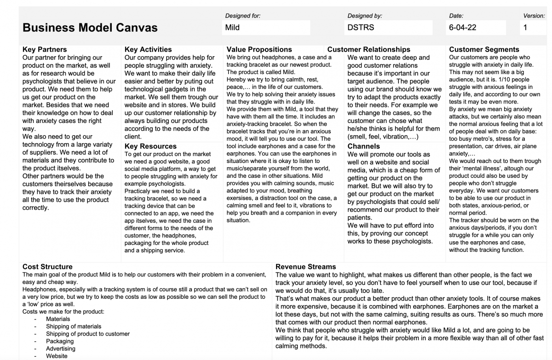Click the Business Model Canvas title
click(90, 28)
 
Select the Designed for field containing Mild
click(266, 28)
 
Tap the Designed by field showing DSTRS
click(389, 28)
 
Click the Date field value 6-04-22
click(477, 28)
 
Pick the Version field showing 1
click(535, 28)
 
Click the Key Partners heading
click(45, 49)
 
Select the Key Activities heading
click(148, 49)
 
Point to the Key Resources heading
click(150, 146)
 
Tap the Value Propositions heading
click(259, 49)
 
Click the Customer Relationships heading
click(368, 49)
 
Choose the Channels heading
click(363, 146)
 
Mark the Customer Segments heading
click(484, 49)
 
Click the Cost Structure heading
click(47, 267)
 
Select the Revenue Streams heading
click(306, 267)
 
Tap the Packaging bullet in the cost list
click(60, 341)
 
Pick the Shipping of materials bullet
click(73, 326)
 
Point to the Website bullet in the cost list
click(57, 356)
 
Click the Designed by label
click(365, 16)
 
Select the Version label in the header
click(534, 16)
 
